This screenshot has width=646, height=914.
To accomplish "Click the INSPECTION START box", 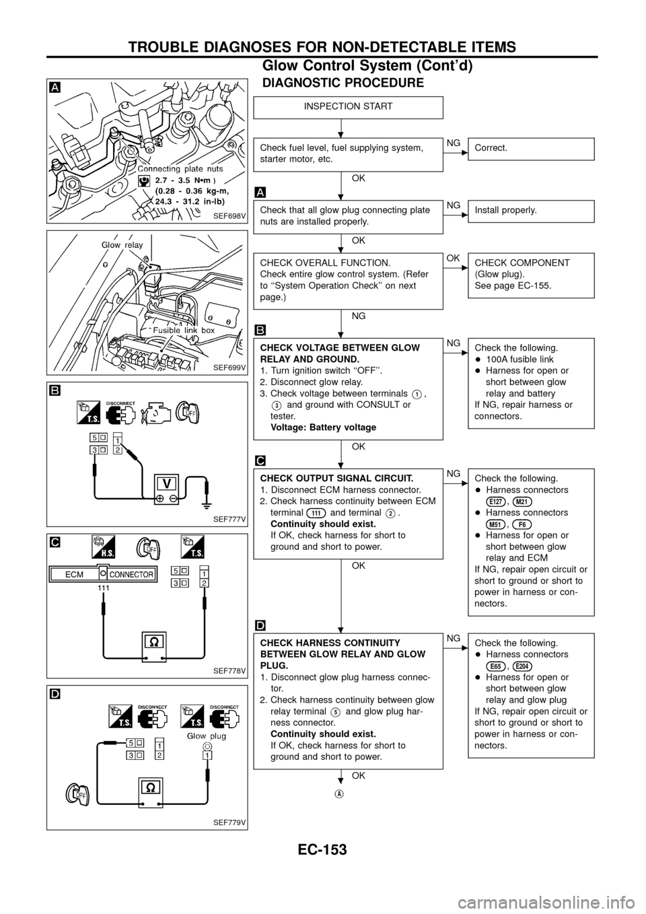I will (x=348, y=107).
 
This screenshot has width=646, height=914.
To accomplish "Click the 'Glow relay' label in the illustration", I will (x=122, y=246).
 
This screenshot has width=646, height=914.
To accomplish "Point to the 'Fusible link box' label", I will (x=184, y=330).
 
